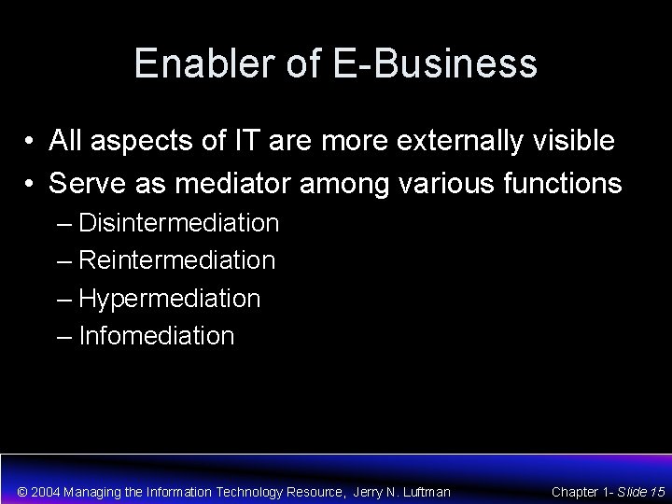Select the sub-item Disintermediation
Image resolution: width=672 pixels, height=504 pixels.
click(x=179, y=223)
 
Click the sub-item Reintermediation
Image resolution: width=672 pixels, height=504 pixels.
click(x=177, y=260)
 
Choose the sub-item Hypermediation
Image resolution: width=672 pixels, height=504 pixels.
click(x=170, y=299)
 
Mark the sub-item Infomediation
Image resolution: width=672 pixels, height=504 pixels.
click(x=157, y=335)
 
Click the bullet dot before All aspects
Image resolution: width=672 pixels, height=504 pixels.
click(x=32, y=142)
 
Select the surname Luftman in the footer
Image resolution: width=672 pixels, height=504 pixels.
click(x=425, y=491)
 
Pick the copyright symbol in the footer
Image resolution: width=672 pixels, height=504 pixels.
click(x=23, y=491)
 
